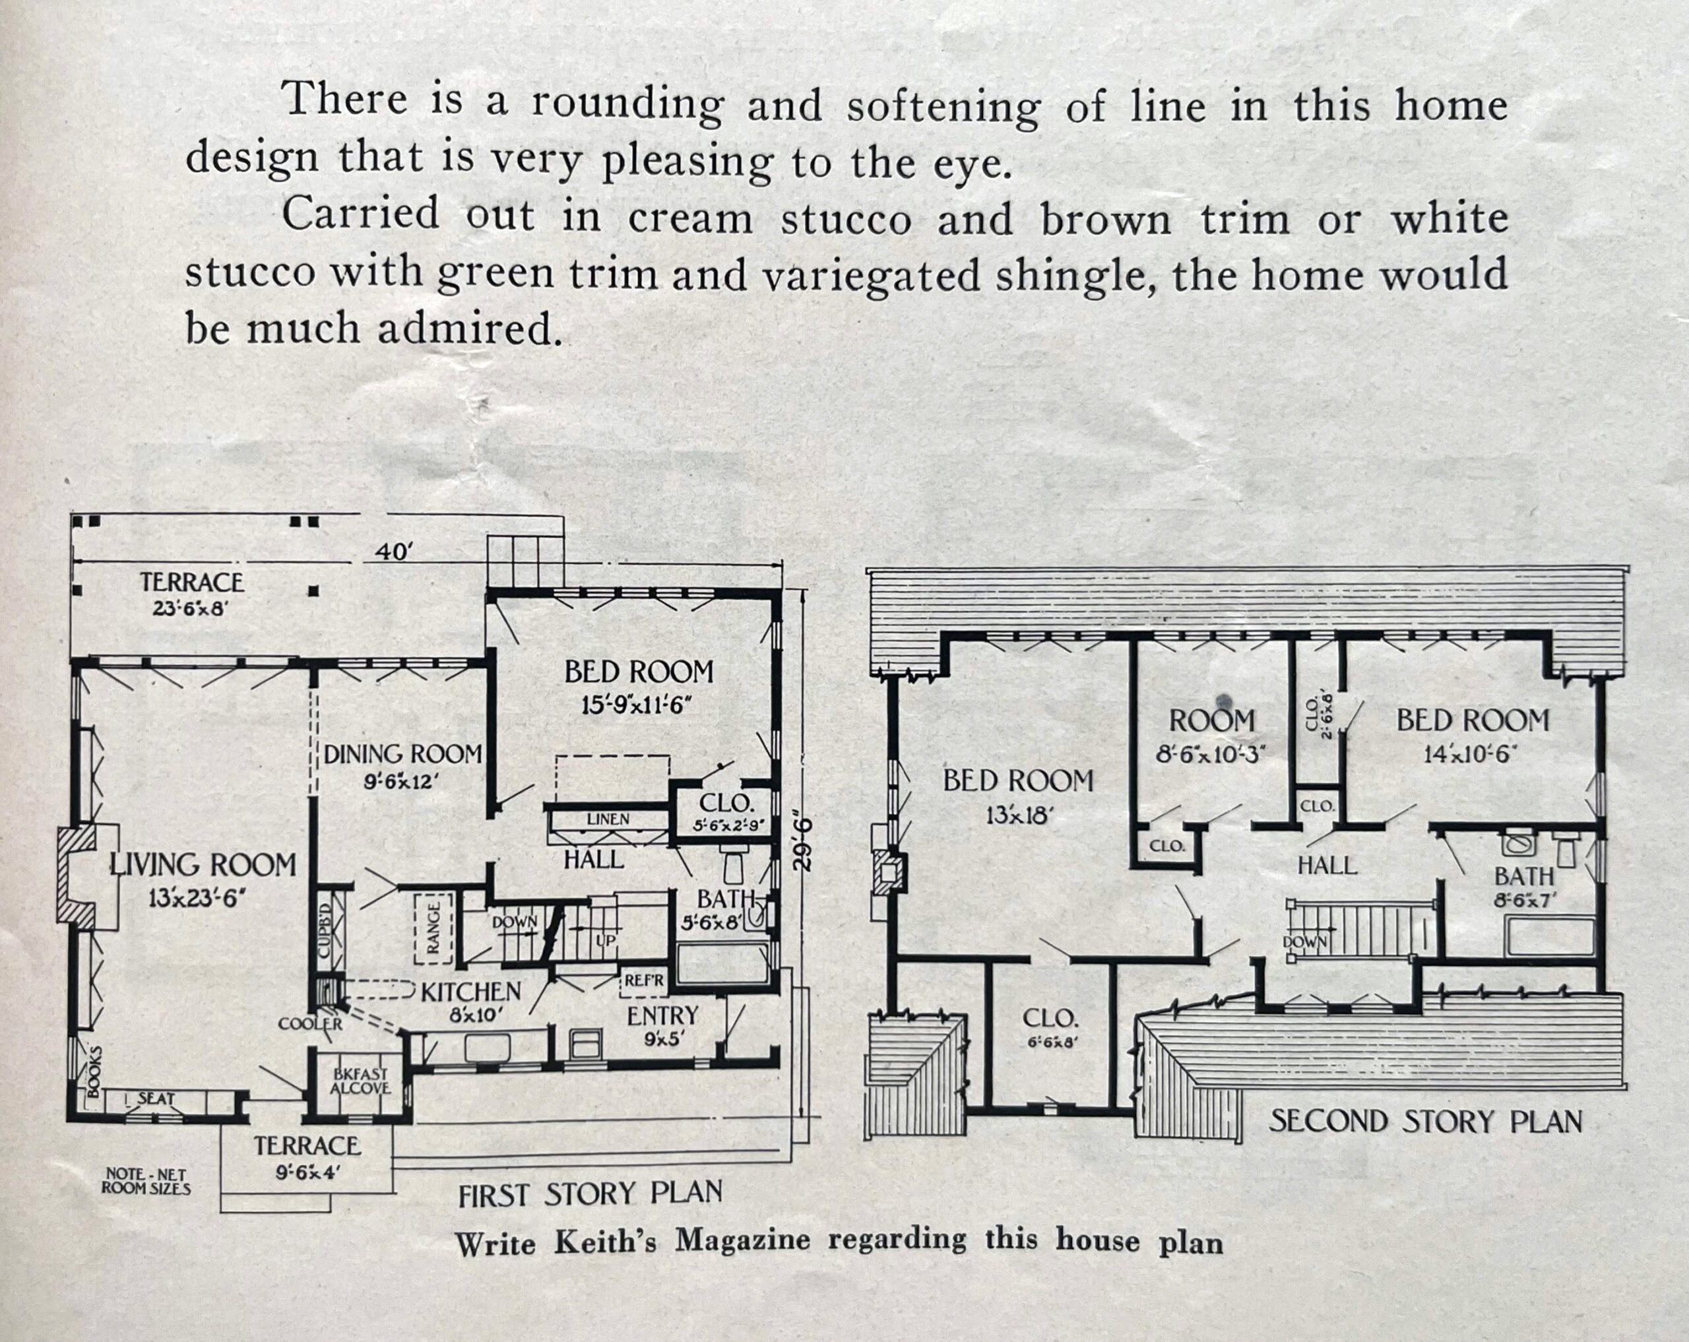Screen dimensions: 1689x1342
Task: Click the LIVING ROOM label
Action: click(203, 865)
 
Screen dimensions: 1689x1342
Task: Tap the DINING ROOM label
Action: click(402, 754)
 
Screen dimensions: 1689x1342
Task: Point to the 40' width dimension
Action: click(393, 552)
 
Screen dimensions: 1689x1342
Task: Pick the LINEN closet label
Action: click(608, 819)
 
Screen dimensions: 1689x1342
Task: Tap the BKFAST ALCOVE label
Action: click(360, 1082)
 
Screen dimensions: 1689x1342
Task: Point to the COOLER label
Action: click(310, 1024)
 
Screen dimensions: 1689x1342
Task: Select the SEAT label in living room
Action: click(156, 1099)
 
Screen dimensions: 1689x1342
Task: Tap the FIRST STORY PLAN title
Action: click(590, 1194)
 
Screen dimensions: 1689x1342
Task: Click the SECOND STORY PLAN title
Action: click(1425, 1122)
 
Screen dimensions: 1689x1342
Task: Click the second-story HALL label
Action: click(1327, 866)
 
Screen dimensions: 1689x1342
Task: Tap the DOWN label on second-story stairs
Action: click(1305, 941)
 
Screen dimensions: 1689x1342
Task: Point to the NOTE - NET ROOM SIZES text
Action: click(146, 1180)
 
